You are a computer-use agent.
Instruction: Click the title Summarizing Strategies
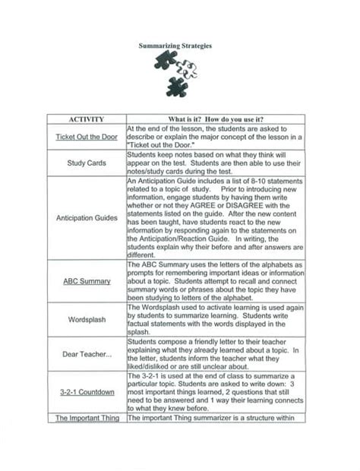pyautogui.click(x=175, y=46)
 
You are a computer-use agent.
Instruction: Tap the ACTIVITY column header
pyautogui.click(x=86, y=119)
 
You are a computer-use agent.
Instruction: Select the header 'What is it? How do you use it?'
pyautogui.click(x=216, y=119)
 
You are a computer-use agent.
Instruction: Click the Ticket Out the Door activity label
pyautogui.click(x=86, y=138)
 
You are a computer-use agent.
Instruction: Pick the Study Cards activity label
pyautogui.click(x=86, y=163)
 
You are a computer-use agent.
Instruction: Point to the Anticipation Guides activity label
pyautogui.click(x=86, y=217)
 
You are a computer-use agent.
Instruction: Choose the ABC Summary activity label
pyautogui.click(x=86, y=280)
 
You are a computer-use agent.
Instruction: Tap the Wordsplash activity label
pyautogui.click(x=86, y=320)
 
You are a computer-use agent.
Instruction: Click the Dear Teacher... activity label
pyautogui.click(x=86, y=354)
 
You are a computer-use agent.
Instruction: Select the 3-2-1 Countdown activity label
pyautogui.click(x=86, y=392)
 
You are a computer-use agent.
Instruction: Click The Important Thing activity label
pyautogui.click(x=86, y=418)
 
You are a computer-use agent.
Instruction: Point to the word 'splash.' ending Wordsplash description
pyautogui.click(x=137, y=331)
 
